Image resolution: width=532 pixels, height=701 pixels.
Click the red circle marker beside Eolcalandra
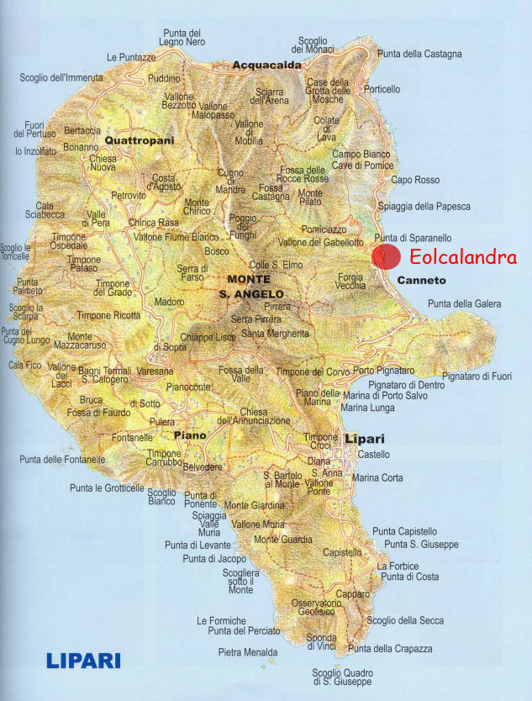(386, 256)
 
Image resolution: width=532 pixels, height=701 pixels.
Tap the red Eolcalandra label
(458, 258)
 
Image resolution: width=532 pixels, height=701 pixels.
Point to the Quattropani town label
(140, 141)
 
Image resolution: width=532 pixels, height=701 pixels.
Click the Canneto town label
(422, 280)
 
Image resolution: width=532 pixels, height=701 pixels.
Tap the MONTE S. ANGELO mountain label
(248, 286)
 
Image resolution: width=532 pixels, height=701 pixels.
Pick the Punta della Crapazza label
(390, 649)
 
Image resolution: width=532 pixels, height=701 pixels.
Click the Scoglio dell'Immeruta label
(61, 78)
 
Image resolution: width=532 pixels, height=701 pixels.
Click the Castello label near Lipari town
(374, 455)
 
